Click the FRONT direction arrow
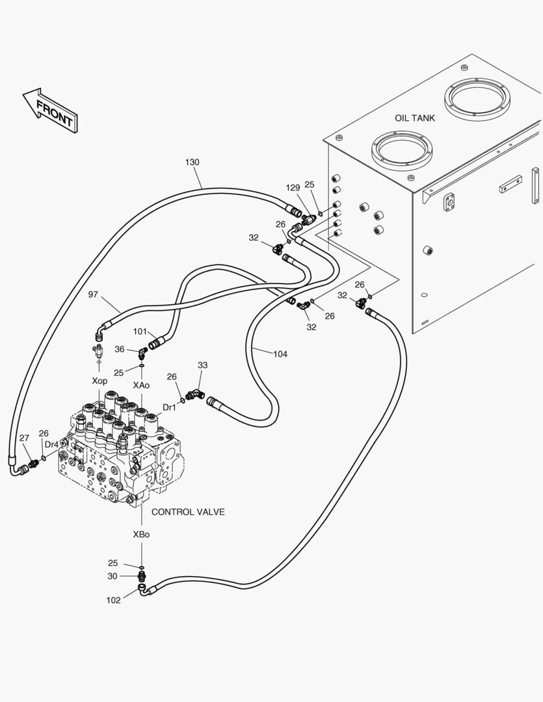[50, 110]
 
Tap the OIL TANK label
[414, 118]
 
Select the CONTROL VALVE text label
[188, 512]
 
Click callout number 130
[192, 162]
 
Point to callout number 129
[293, 188]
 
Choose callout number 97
[93, 294]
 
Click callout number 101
[140, 331]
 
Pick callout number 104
[280, 354]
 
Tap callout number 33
[202, 365]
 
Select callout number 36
[119, 349]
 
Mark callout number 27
[24, 438]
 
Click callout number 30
[113, 576]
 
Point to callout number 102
[113, 601]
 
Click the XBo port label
[141, 534]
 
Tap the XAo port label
[141, 385]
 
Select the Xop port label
[99, 381]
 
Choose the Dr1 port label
[169, 408]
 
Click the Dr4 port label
[51, 445]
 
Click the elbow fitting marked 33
[195, 395]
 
